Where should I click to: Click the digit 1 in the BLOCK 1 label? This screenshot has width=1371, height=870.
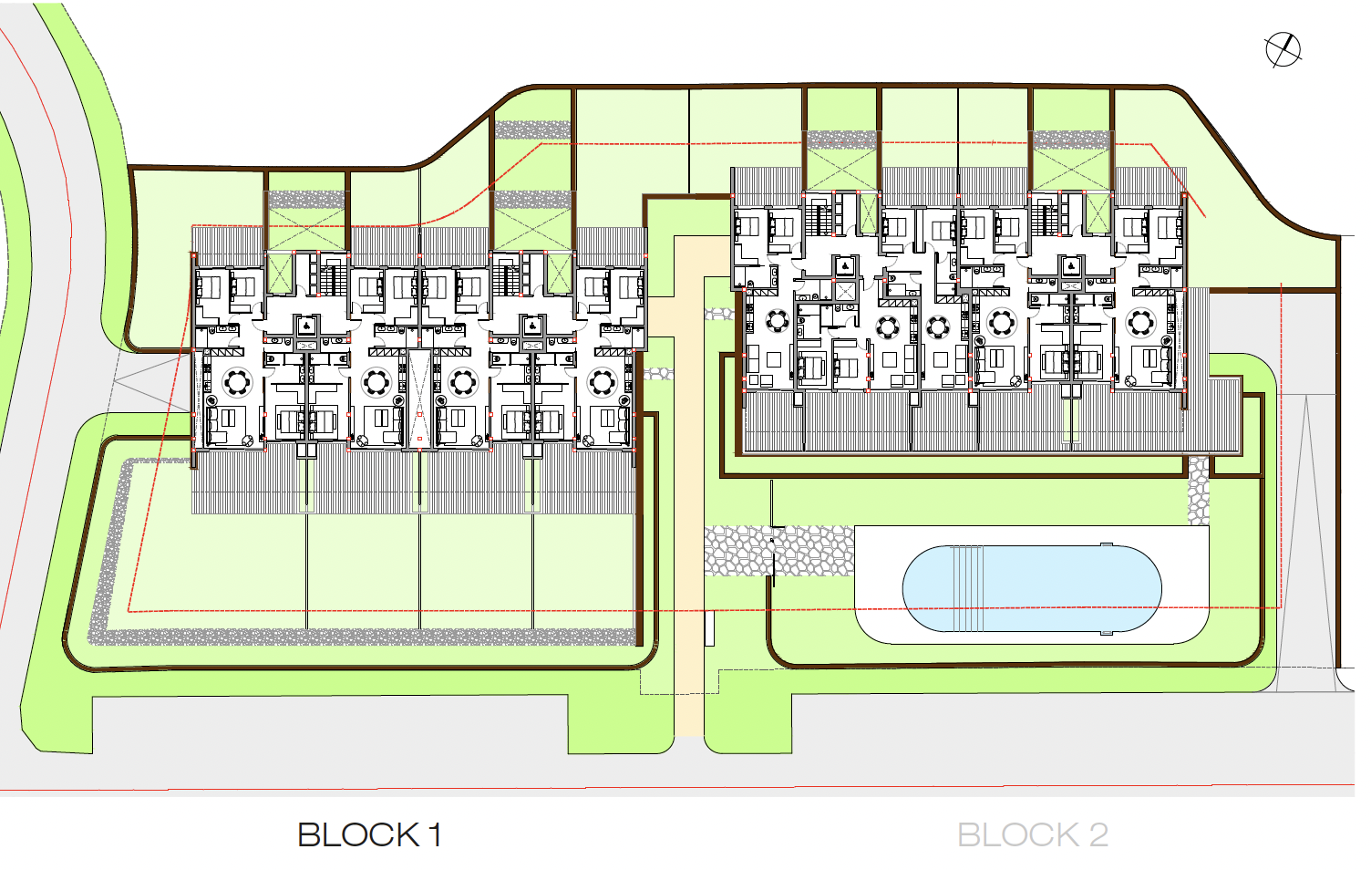click(x=435, y=834)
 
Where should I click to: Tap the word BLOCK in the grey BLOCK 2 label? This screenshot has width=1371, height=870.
click(x=1017, y=834)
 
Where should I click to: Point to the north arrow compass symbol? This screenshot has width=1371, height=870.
click(x=1283, y=49)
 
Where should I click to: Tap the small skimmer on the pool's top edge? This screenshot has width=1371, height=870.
click(x=1107, y=545)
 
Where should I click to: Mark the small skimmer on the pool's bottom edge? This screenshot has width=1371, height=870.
click(x=1107, y=631)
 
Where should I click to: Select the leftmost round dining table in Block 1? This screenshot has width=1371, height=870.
click(x=237, y=381)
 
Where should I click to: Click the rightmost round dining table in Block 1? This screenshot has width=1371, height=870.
click(x=603, y=381)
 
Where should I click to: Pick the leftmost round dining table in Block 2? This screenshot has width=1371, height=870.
click(x=778, y=321)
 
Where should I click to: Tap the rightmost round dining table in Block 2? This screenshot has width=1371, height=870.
click(x=1140, y=322)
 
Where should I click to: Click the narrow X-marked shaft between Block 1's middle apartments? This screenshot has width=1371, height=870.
click(x=419, y=399)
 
